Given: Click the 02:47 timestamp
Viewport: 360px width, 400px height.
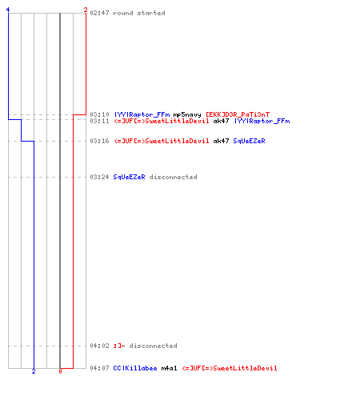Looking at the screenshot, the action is coord(99,13).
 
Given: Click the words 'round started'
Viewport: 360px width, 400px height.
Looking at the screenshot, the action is coord(139,13).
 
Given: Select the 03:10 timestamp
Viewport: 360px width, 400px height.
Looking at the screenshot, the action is coord(99,114).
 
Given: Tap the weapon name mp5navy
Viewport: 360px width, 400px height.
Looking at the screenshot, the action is coord(187,114).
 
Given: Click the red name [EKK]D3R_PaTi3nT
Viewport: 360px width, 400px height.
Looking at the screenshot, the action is coord(238,114).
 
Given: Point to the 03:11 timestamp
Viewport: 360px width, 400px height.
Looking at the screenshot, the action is coord(99,121).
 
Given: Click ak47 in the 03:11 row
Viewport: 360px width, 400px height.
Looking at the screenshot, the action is coord(221,121).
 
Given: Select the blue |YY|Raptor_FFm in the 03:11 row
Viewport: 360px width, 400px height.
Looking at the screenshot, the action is coord(262,121).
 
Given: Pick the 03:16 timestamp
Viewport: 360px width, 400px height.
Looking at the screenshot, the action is coord(99,141).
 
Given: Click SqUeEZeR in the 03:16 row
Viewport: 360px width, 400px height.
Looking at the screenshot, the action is coord(249,141).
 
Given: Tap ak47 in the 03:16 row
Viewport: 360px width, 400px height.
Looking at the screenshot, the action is coord(221,141).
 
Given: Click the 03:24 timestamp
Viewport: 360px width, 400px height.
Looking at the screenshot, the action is coord(99,177).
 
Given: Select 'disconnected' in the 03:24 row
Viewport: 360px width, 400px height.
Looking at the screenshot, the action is coord(173,177).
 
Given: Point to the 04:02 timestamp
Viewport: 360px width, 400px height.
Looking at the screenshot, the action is coord(99,346).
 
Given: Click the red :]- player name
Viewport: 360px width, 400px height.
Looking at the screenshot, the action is coord(119,346).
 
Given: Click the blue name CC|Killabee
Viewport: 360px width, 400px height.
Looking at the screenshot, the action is coord(135,368).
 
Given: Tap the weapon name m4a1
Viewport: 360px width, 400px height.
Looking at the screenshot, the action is coord(169,368).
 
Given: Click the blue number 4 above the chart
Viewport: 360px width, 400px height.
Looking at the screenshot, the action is coord(8,10).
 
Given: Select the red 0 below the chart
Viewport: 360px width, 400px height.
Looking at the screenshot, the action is coord(60,371).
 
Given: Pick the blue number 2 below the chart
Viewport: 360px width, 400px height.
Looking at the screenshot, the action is coord(34,371).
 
